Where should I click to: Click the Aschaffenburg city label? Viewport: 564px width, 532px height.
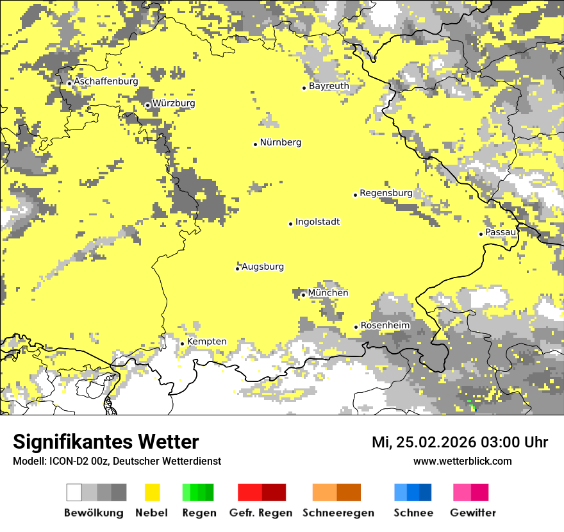point(106,82)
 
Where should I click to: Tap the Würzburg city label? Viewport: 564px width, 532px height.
point(174,103)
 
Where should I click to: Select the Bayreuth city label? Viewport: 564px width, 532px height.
point(329,86)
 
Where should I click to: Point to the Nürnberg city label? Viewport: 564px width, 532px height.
point(280,143)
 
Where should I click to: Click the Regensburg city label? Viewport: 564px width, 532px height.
point(386,193)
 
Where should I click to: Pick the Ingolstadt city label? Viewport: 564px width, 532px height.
point(317,222)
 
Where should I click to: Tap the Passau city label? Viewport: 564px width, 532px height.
point(501,232)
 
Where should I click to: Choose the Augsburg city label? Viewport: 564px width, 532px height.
point(263,267)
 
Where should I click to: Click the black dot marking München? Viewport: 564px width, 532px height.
point(304,295)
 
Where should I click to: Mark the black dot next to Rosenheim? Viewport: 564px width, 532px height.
point(356,327)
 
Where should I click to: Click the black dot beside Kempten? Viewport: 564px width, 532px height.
point(183,344)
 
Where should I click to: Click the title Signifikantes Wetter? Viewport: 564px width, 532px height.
point(106,442)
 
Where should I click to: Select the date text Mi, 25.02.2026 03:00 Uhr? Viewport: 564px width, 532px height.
point(460,443)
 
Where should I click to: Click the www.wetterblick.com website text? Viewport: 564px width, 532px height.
point(462,461)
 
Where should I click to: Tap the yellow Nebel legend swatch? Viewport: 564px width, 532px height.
point(152,492)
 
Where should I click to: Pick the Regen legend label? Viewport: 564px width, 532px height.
point(198,513)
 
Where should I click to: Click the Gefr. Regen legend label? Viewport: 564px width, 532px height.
point(261,513)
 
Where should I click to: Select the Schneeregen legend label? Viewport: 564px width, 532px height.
point(338,513)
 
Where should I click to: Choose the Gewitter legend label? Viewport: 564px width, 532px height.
point(473,513)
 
